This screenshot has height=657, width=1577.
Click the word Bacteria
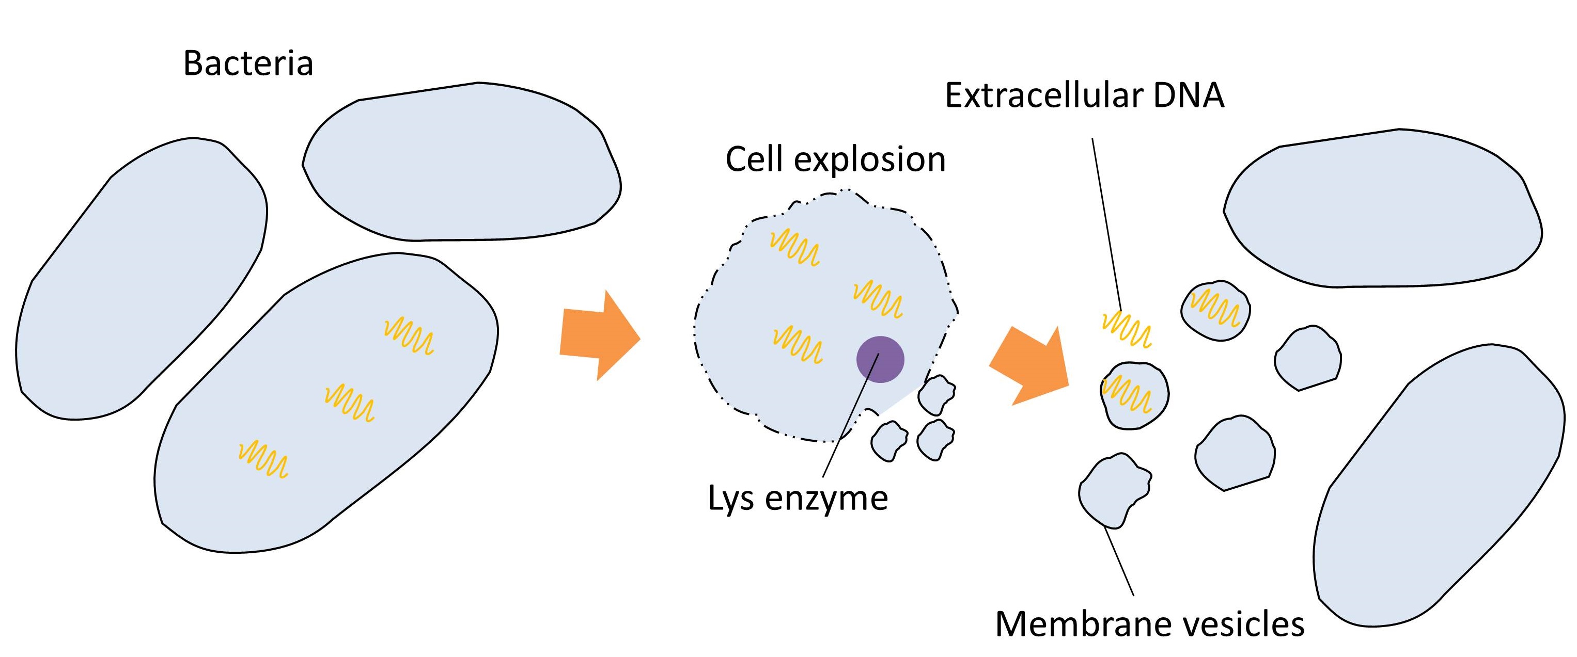click(248, 63)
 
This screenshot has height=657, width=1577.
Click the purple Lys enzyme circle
click(880, 360)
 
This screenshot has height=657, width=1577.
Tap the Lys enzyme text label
click(797, 498)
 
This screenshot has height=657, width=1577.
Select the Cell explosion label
click(835, 159)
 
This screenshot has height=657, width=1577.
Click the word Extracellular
click(1043, 96)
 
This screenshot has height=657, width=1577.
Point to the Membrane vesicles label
click(1150, 624)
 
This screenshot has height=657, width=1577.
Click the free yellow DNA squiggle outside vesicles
click(1127, 330)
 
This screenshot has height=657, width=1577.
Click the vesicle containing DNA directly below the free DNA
click(1133, 395)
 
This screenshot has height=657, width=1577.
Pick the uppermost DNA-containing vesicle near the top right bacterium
click(1215, 310)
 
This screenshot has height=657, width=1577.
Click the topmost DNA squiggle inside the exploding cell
click(794, 248)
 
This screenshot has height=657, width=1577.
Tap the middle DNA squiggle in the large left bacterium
click(349, 403)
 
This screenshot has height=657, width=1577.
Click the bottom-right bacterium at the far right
click(1439, 489)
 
